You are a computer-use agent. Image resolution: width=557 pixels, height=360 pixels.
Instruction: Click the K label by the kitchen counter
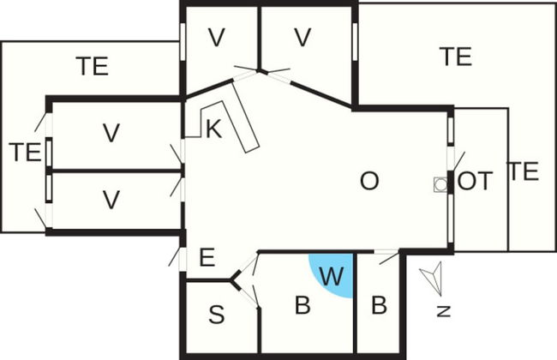tap(213, 129)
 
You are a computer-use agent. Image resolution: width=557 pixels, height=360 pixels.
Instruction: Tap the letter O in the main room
tap(368, 181)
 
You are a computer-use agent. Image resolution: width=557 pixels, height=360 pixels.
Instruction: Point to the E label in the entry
tap(206, 257)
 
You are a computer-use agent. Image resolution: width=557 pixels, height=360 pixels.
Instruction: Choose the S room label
tap(217, 315)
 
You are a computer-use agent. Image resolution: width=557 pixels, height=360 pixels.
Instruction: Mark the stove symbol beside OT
tap(440, 183)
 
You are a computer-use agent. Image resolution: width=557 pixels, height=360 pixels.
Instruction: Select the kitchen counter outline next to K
tap(249, 129)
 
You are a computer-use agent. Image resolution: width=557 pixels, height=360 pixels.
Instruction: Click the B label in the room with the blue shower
tap(302, 306)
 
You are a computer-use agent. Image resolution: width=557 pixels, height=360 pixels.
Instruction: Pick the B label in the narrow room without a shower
tap(379, 306)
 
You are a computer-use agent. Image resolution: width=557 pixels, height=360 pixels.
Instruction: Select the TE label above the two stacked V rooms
tap(93, 66)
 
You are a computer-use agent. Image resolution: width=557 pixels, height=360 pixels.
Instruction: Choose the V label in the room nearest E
tap(110, 200)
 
